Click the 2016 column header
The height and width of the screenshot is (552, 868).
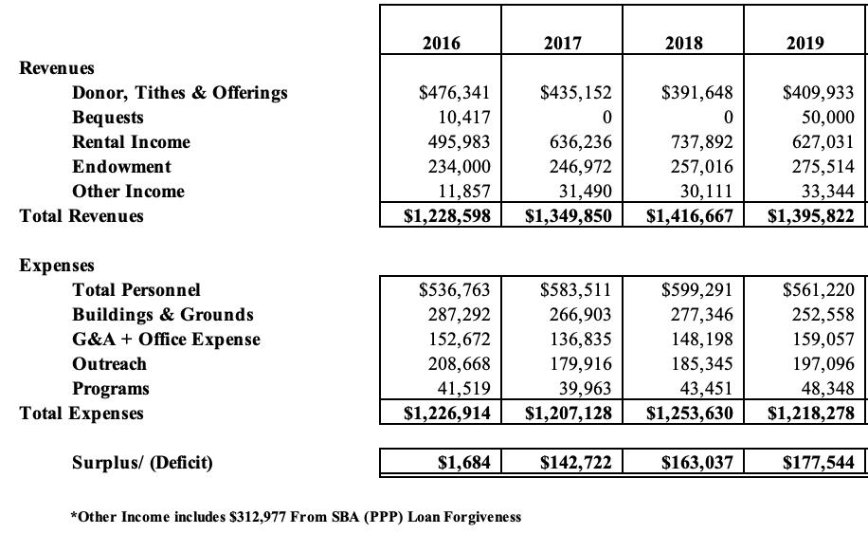(x=441, y=43)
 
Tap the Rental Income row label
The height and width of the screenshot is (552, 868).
(x=131, y=142)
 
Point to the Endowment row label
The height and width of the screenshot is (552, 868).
(x=121, y=167)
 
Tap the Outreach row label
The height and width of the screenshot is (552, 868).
(x=109, y=364)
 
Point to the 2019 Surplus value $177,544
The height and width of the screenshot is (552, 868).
(x=819, y=463)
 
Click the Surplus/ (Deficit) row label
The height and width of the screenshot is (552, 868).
(x=142, y=463)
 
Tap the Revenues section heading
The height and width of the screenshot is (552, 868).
(x=57, y=68)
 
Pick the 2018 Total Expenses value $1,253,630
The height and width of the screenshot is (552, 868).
(x=690, y=414)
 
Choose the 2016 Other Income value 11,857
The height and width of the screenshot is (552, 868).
(x=461, y=192)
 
